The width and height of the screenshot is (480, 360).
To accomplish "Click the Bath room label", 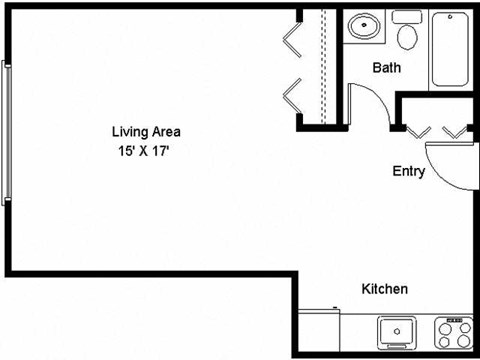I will coord(387,69).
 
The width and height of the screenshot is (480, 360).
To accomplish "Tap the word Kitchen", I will coord(384,290).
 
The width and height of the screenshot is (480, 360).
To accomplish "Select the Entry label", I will coord(409,171).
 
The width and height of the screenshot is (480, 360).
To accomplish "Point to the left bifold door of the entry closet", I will coord(417,131).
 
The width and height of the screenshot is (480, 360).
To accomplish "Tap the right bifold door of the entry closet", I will coord(455,131).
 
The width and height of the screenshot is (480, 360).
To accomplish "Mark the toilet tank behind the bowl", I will coord(407,17).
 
